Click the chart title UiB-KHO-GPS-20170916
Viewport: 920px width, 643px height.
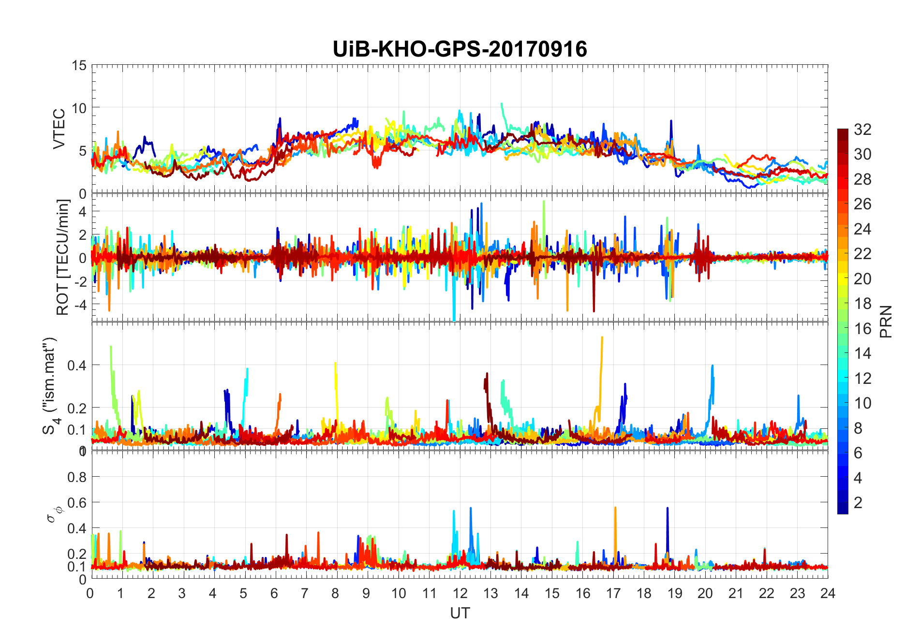[460, 49]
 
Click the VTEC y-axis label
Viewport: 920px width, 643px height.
[59, 129]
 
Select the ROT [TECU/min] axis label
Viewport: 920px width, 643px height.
[63, 257]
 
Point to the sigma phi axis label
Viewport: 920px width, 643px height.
[52, 514]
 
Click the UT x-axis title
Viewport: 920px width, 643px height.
[460, 614]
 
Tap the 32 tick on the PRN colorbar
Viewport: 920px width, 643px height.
[862, 130]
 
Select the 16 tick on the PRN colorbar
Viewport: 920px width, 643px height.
[862, 329]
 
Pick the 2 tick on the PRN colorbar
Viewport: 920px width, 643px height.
[858, 503]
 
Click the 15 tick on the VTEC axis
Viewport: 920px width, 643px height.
[79, 66]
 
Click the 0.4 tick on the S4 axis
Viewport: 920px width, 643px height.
[76, 365]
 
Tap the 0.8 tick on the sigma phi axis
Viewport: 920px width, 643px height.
[76, 477]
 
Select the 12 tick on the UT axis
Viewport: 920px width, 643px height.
[460, 594]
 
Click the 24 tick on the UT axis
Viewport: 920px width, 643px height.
[828, 594]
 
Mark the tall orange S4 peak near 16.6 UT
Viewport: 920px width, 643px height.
[602, 338]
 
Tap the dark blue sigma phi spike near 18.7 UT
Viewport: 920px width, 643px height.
[668, 509]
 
